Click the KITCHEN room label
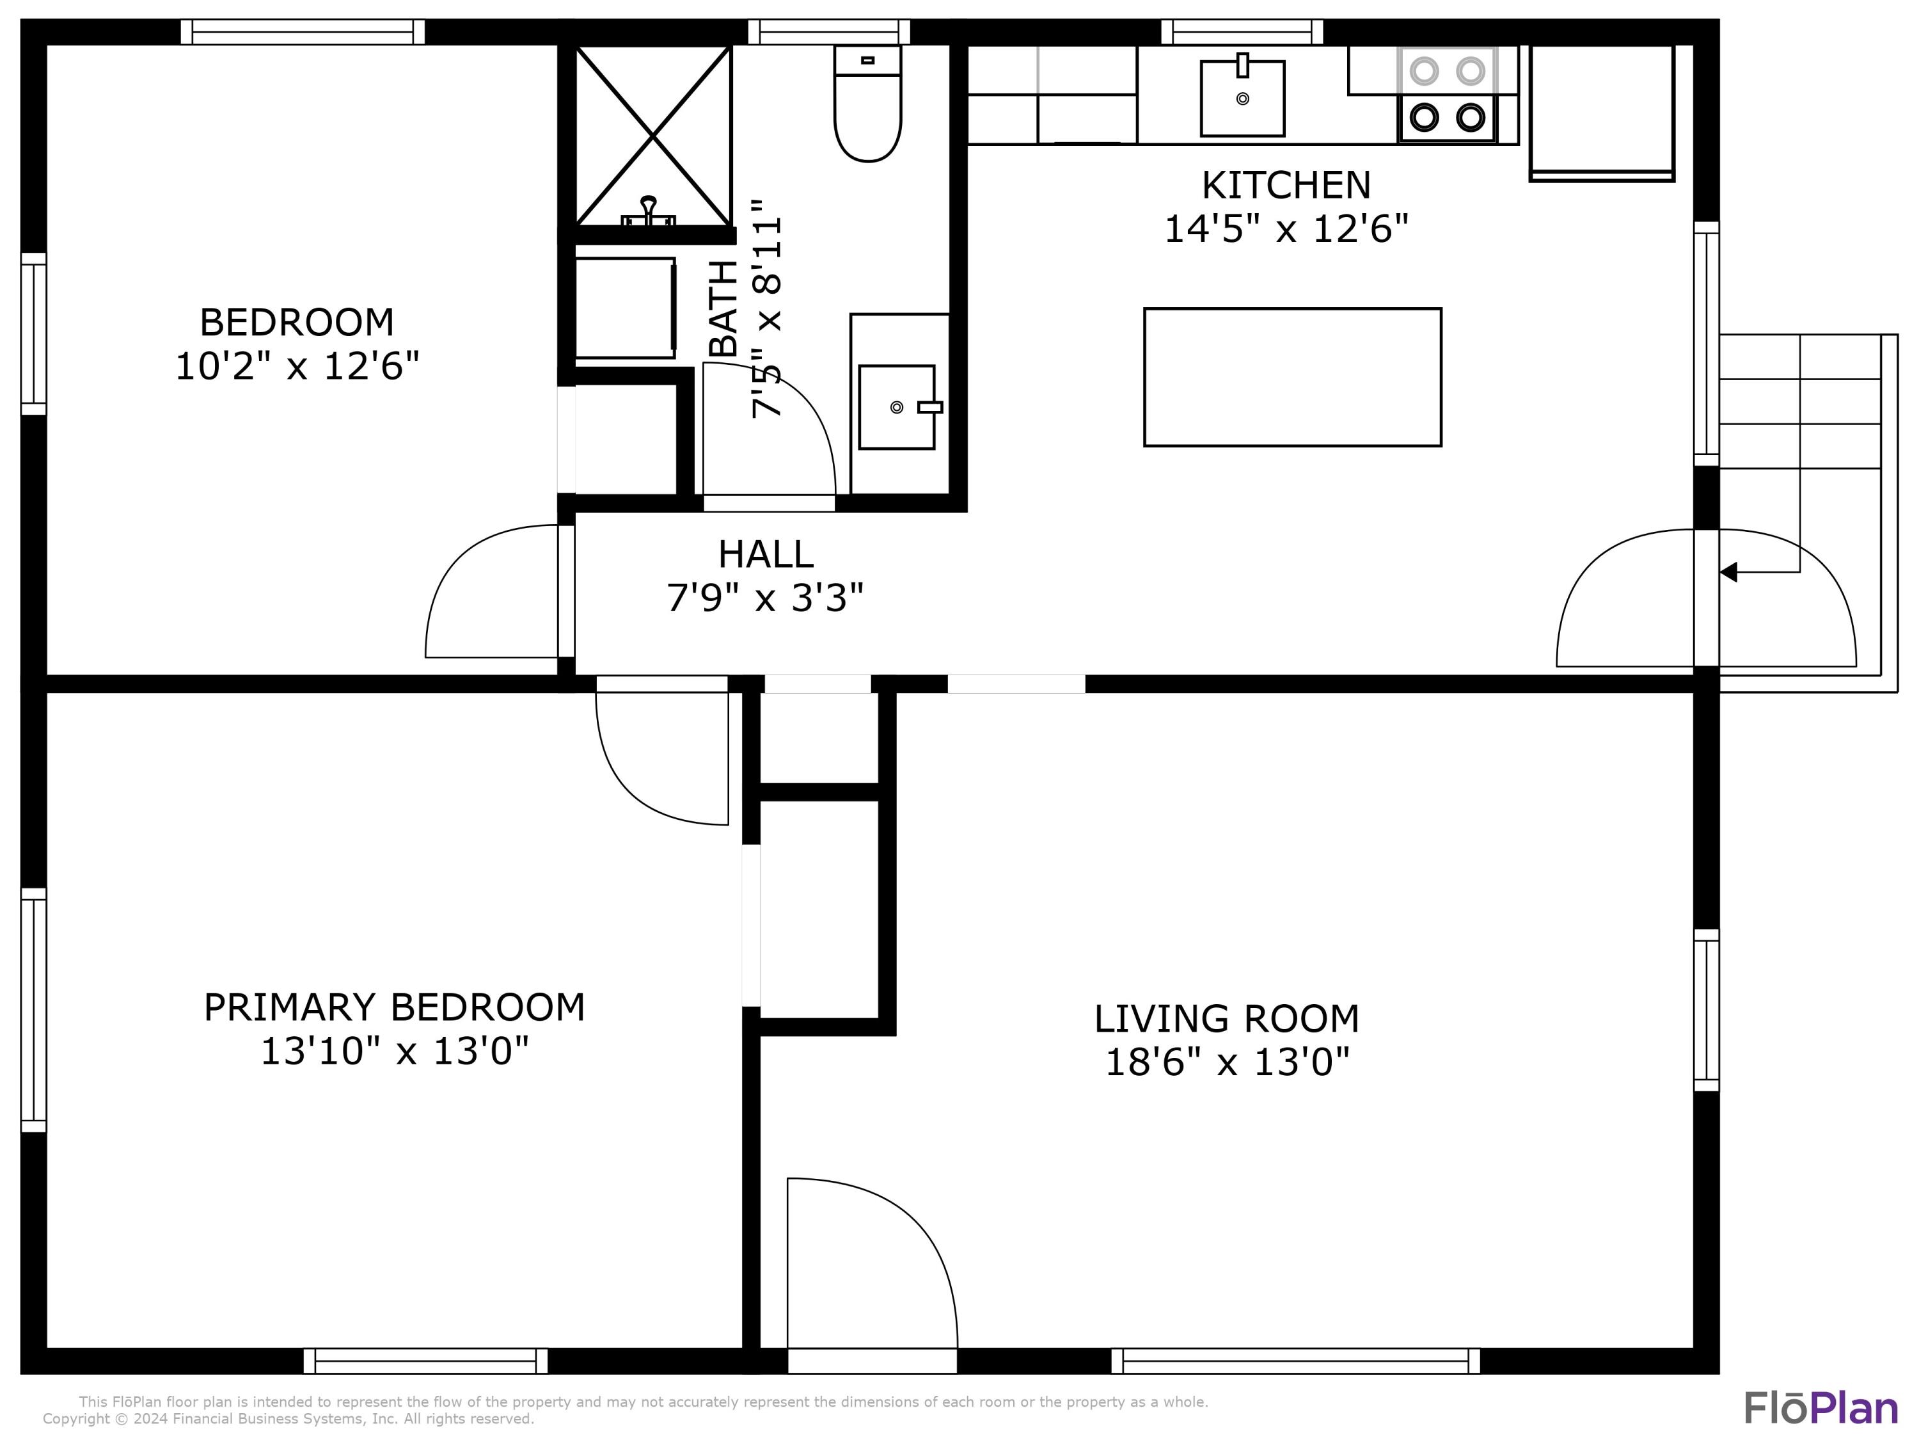[1286, 185]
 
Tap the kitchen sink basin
[1242, 98]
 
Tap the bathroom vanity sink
[896, 407]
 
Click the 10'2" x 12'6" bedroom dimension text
[297, 366]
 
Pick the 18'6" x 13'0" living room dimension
[1227, 1062]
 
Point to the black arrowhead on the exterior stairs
[1728, 572]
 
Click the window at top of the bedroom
[303, 32]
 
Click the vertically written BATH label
[723, 308]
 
